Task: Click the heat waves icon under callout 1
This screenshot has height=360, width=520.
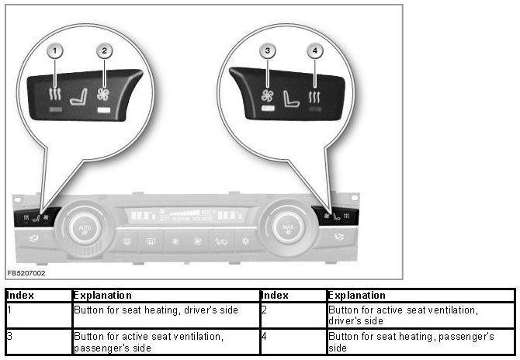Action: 56,96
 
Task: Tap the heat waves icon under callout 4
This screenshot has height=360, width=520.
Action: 315,98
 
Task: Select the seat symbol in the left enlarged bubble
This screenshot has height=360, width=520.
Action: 78,99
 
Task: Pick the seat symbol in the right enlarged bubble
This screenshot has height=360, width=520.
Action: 291,100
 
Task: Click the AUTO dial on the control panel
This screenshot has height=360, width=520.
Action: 84,227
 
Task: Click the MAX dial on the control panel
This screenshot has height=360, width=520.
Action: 286,227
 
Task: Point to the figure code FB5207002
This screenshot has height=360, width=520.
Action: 26,274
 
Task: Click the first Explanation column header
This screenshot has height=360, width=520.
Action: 165,296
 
